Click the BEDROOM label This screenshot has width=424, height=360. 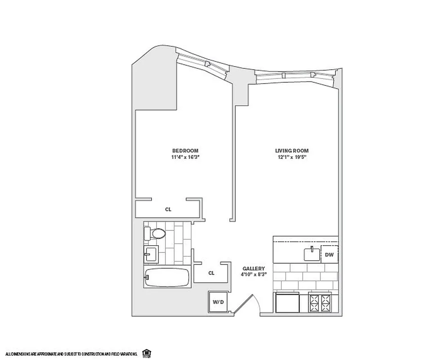tap(185, 151)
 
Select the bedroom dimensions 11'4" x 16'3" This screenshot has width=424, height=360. tap(185, 157)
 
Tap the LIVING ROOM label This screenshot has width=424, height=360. tap(292, 151)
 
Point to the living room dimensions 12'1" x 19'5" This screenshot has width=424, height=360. tap(292, 157)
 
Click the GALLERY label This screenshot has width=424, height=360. tap(250, 268)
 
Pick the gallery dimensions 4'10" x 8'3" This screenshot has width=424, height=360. tap(250, 274)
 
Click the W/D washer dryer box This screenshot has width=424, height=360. tap(218, 302)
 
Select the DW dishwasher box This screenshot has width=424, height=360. tap(329, 255)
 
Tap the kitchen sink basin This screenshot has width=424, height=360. tap(312, 254)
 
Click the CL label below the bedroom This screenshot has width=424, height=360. tap(168, 209)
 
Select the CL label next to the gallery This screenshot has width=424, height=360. tap(211, 273)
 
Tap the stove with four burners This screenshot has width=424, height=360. tap(320, 303)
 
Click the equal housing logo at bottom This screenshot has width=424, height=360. tap(146, 352)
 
